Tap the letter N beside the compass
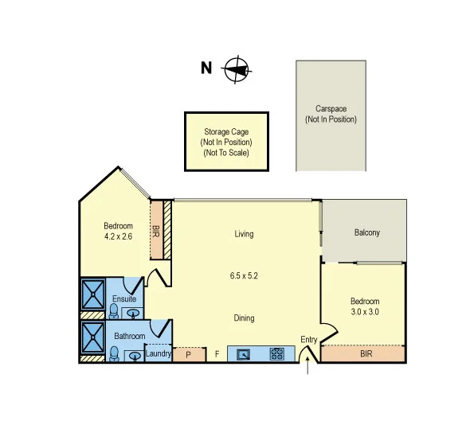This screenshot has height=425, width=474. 206,68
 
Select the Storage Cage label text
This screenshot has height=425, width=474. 226,142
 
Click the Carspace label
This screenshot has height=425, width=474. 330,114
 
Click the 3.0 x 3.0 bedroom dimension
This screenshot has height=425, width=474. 365,312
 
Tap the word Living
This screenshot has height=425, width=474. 244,234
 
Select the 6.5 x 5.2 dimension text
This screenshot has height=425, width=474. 244,275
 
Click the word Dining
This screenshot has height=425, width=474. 244,318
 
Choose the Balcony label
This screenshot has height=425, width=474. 366,233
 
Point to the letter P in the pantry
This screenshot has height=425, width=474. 189,354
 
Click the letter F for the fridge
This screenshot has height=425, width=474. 217,354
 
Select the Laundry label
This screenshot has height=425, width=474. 158,353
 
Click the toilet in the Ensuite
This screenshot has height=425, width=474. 114,310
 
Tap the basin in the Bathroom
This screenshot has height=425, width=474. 134,356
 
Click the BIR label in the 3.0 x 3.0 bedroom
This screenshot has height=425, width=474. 366,353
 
